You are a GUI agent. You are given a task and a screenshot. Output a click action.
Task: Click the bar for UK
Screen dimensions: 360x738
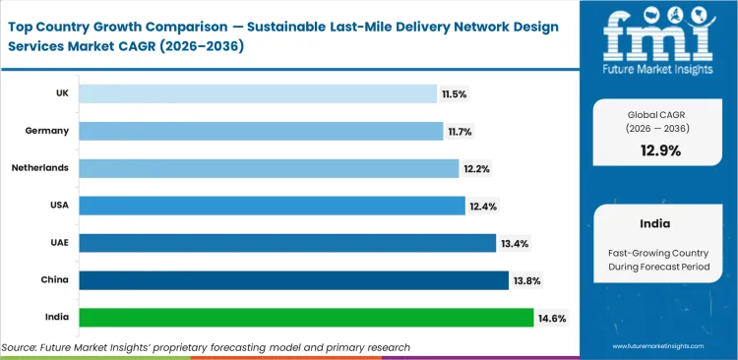click(x=258, y=93)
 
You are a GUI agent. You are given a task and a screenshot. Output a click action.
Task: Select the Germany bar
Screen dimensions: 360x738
click(x=261, y=131)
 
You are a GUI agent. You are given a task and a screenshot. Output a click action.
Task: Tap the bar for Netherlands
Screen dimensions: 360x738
click(x=269, y=168)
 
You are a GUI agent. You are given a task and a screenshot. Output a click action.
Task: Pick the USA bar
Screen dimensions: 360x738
click(x=272, y=206)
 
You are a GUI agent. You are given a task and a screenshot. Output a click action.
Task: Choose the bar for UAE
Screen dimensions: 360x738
click(x=287, y=243)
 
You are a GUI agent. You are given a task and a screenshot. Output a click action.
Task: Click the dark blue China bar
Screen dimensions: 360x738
click(x=293, y=280)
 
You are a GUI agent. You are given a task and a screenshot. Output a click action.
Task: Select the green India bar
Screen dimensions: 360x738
click(x=306, y=318)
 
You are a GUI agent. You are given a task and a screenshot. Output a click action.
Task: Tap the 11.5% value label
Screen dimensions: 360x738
click(x=454, y=93)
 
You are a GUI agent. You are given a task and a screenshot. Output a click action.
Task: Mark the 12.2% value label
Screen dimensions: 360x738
click(x=477, y=168)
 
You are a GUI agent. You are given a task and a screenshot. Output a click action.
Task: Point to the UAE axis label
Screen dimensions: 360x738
click(x=59, y=243)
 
